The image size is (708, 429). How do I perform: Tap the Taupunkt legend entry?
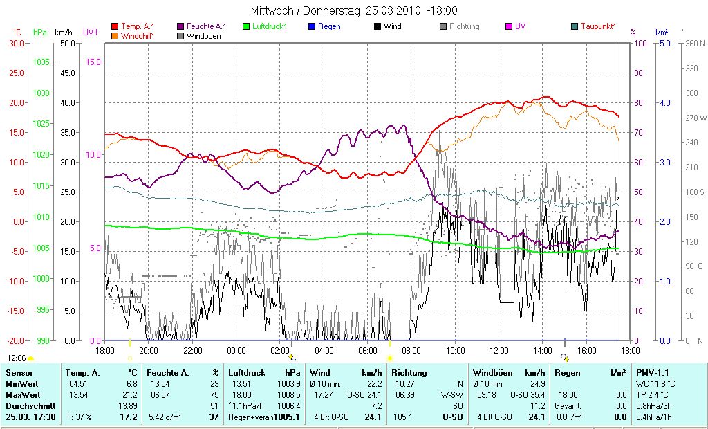pos(597,26)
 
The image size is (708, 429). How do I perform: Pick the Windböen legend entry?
pos(203,35)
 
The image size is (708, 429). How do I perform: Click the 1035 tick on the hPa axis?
pos(41,62)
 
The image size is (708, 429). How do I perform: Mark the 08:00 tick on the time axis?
pos(411,351)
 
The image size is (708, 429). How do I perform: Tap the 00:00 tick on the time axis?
pos(236,351)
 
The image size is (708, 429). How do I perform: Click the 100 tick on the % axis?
pos(639,43)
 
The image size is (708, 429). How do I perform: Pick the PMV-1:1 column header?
pos(652,372)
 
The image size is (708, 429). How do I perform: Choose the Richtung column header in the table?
pos(409,372)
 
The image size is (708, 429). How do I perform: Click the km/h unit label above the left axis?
pos(63,33)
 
